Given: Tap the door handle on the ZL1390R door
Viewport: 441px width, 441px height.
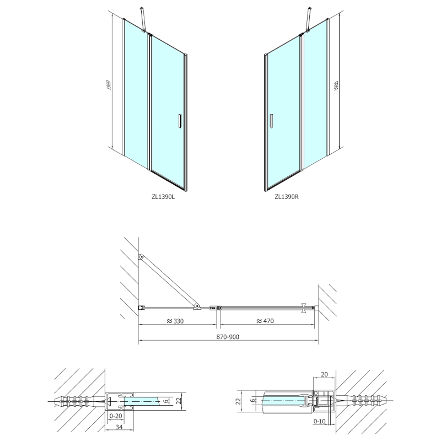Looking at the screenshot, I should point(271,122).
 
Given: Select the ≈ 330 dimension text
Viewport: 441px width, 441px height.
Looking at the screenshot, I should point(174,321).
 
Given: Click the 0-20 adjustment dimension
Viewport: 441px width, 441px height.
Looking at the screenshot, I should point(116,415).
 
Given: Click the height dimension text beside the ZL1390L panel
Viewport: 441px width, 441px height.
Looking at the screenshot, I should point(110,86).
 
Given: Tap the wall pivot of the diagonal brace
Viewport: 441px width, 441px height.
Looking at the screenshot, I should point(142,257).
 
